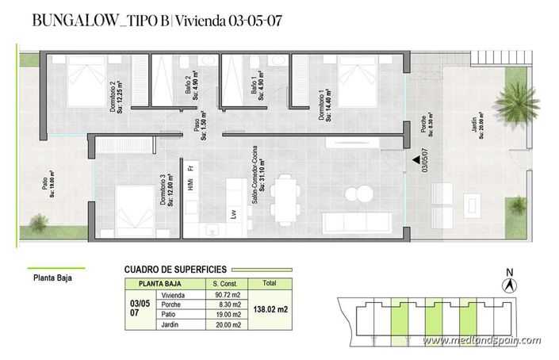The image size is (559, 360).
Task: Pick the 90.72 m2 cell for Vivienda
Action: (x=226, y=295)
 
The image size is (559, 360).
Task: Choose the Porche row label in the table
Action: (x=171, y=304)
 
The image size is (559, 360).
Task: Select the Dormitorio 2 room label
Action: (x=117, y=98)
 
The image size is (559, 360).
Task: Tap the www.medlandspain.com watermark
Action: (x=482, y=341)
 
